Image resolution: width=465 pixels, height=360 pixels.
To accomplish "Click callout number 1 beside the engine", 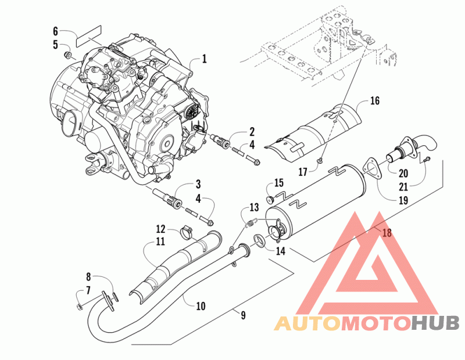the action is pyautogui.click(x=205, y=59).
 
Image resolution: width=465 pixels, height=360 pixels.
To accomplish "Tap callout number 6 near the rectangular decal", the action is pyautogui.click(x=55, y=31).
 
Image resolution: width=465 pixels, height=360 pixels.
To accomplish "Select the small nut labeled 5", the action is pyautogui.click(x=68, y=55).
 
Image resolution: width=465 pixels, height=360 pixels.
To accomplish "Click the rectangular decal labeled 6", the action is pyautogui.click(x=89, y=36).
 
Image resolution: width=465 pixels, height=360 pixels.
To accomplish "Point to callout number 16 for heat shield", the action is pyautogui.click(x=375, y=100).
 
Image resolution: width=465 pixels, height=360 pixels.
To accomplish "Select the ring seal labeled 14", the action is pyautogui.click(x=259, y=240).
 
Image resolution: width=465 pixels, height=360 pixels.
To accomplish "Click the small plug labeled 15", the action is pyautogui.click(x=270, y=200).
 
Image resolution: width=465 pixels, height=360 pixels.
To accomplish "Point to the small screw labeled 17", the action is pyautogui.click(x=320, y=160).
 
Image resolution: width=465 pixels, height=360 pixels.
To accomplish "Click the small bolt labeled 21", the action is pyautogui.click(x=427, y=159).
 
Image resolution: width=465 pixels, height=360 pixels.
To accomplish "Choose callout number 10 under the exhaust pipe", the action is pyautogui.click(x=201, y=306).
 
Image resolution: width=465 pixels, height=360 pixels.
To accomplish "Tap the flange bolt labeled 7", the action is pyautogui.click(x=80, y=306).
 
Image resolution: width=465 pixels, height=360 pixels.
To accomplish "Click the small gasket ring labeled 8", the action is pyautogui.click(x=115, y=297).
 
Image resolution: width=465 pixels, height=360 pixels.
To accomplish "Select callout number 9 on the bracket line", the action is pyautogui.click(x=243, y=315).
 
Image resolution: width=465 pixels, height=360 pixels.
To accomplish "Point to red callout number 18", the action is pyautogui.click(x=387, y=233).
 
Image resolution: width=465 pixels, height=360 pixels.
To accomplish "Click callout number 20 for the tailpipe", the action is pyautogui.click(x=403, y=173).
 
